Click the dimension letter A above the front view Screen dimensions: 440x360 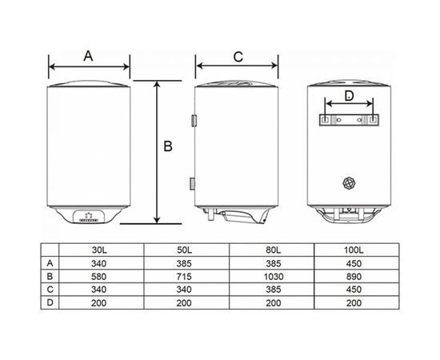pos(88,56)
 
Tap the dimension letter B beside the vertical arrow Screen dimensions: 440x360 pos(168,146)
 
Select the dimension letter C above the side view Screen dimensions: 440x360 pos(238,57)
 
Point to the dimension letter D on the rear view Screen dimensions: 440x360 pos(349,96)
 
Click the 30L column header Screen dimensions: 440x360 pos(99,250)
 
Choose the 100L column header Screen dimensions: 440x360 pos(354,250)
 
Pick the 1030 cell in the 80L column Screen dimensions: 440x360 pos(274,277)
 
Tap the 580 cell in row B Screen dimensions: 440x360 pos(98,277)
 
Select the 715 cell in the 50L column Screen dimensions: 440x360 pos(184,277)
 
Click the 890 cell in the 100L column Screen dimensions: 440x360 pos(354,277)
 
